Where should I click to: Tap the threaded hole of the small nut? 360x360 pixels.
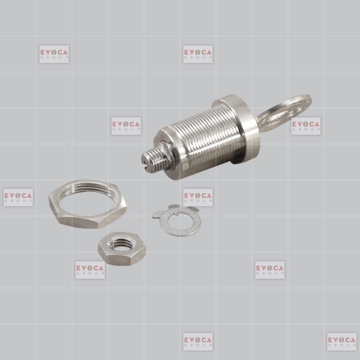coord(121,245)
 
